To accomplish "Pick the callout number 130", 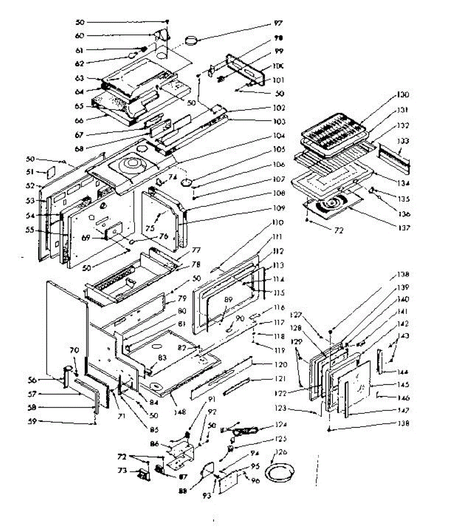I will pos(403,95).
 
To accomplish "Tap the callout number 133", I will pos(403,141).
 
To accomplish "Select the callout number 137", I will pos(403,228).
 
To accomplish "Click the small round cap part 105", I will pos(188,182).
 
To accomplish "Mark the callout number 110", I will pos(278,223).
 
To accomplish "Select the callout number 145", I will pos(403,385).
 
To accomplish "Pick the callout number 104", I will pos(279,136).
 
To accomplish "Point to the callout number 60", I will pos(80,36).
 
